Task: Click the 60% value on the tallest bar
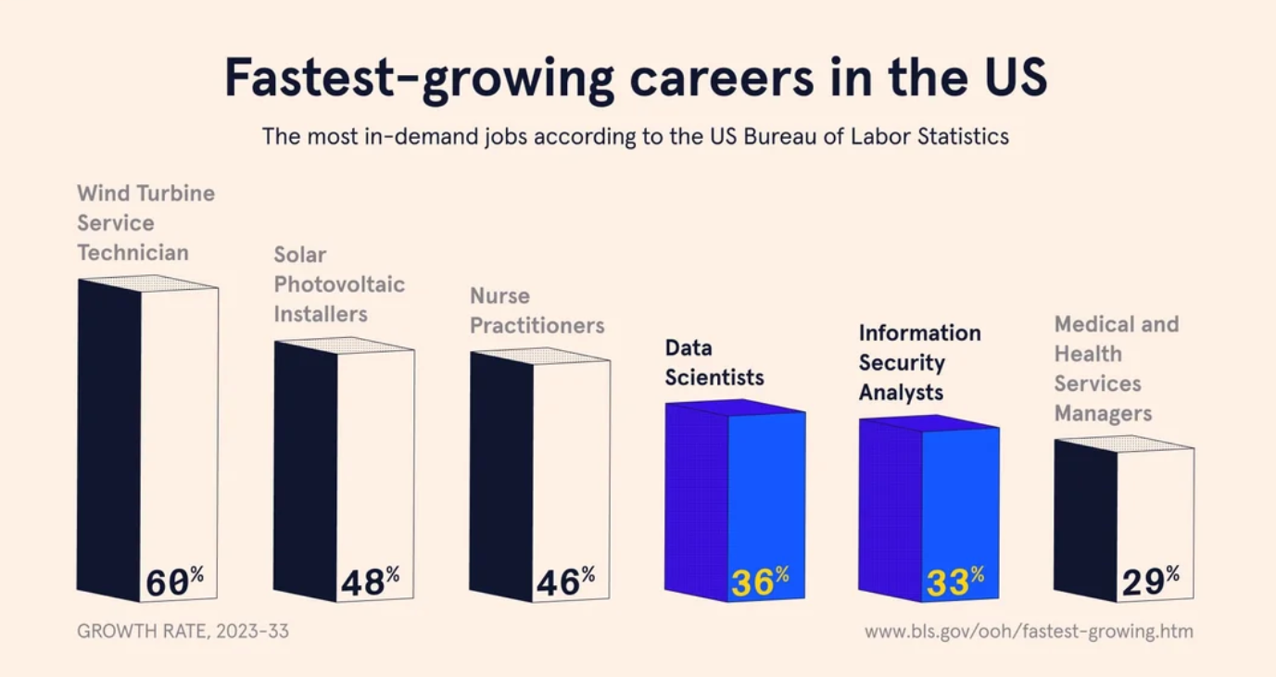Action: pyautogui.click(x=174, y=583)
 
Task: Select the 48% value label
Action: pyautogui.click(x=370, y=582)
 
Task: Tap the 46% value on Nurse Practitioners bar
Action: pyautogui.click(x=565, y=582)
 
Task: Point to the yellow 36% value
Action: pyautogui.click(x=760, y=582)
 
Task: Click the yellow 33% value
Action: pyautogui.click(x=954, y=582)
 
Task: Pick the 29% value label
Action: pyautogui.click(x=1150, y=582)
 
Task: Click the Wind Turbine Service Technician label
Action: pyautogui.click(x=145, y=223)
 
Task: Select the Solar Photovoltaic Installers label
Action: pyautogui.click(x=338, y=284)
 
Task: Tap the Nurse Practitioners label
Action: pyautogui.click(x=537, y=311)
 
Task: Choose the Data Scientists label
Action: pyautogui.click(x=714, y=363)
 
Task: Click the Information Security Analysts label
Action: pyautogui.click(x=918, y=363)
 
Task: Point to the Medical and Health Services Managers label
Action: pyautogui.click(x=1116, y=369)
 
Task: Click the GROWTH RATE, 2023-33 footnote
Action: pyautogui.click(x=183, y=632)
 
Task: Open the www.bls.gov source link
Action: pyautogui.click(x=1029, y=632)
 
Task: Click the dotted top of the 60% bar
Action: pyautogui.click(x=148, y=282)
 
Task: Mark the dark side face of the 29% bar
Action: pyautogui.click(x=1085, y=519)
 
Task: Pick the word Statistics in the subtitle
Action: pyautogui.click(x=964, y=137)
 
